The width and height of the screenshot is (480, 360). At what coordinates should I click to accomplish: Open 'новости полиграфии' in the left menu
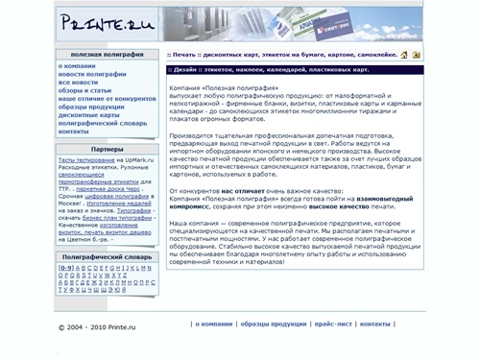[x=91, y=74]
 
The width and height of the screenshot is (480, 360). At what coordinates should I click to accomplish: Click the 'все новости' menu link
[x=79, y=83]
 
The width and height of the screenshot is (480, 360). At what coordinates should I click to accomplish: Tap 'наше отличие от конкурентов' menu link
[x=106, y=98]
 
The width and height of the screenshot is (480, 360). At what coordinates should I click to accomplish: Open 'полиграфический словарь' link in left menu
[x=102, y=123]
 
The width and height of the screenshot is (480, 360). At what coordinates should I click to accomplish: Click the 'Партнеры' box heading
[x=107, y=150]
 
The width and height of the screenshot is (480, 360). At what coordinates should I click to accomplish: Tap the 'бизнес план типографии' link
[x=109, y=217]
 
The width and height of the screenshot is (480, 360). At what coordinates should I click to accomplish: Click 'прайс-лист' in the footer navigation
[x=332, y=324]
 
